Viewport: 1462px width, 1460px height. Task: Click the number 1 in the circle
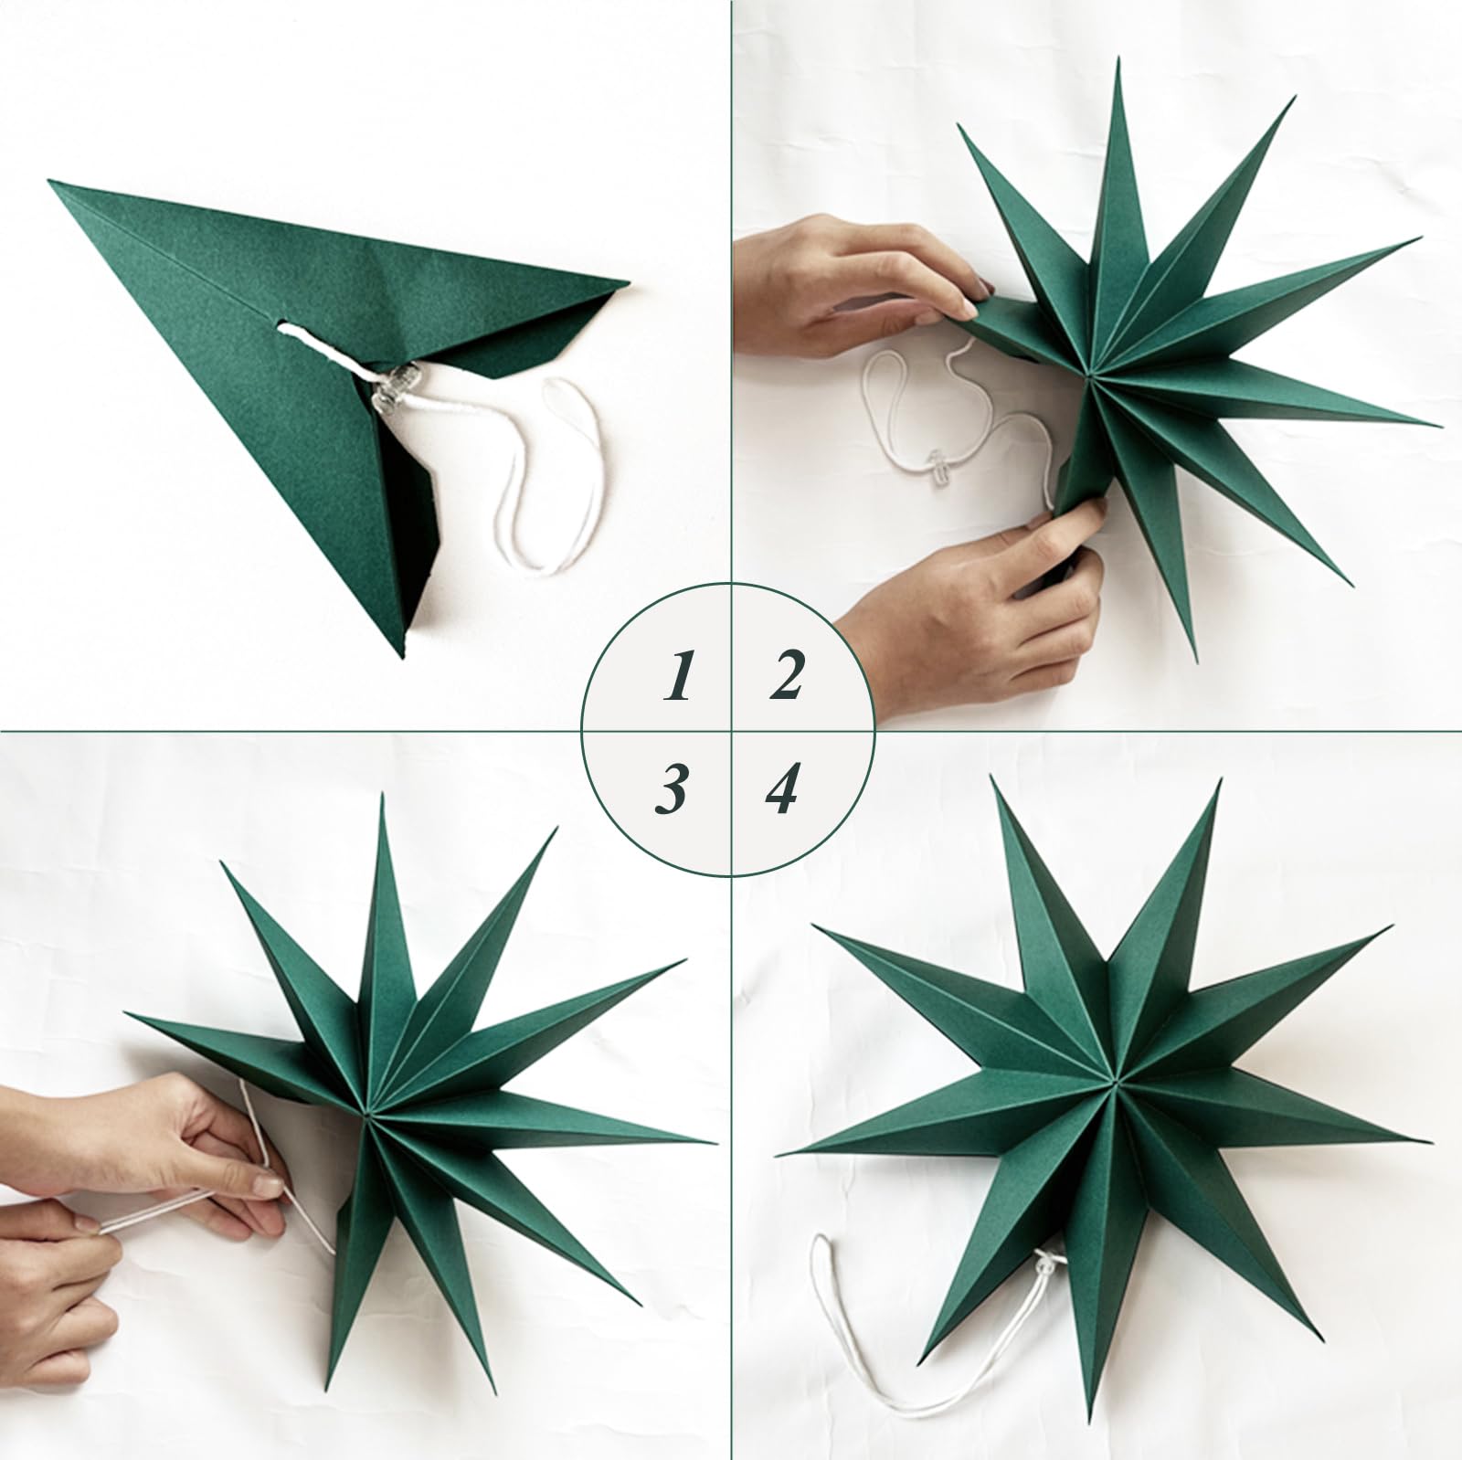[x=676, y=676]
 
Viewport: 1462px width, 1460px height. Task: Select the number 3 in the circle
[x=672, y=789]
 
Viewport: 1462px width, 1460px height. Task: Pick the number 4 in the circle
[x=782, y=788]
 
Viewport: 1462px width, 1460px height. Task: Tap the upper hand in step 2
[x=859, y=283]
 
